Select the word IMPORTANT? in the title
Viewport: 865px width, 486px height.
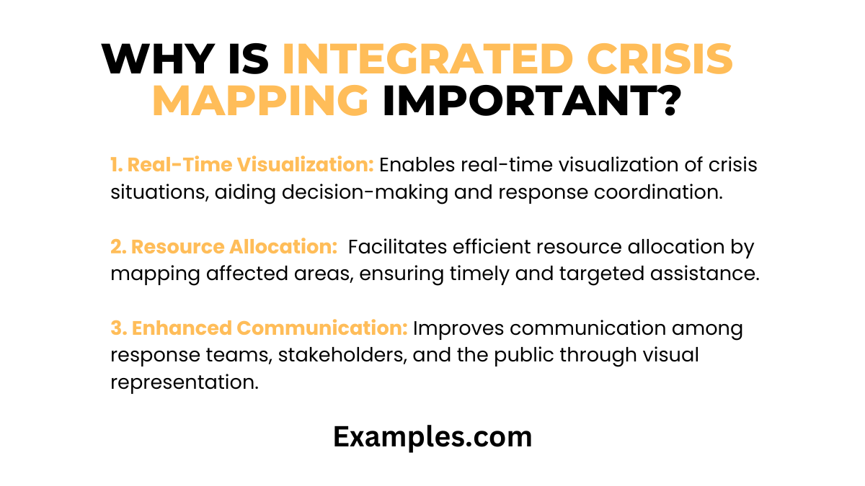531,101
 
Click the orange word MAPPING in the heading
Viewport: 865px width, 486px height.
260,101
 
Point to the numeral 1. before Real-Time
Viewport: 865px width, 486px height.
117,165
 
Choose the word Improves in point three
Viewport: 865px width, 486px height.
455,328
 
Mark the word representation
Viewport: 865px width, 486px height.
184,383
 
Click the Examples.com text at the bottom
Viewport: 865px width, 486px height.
432,437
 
